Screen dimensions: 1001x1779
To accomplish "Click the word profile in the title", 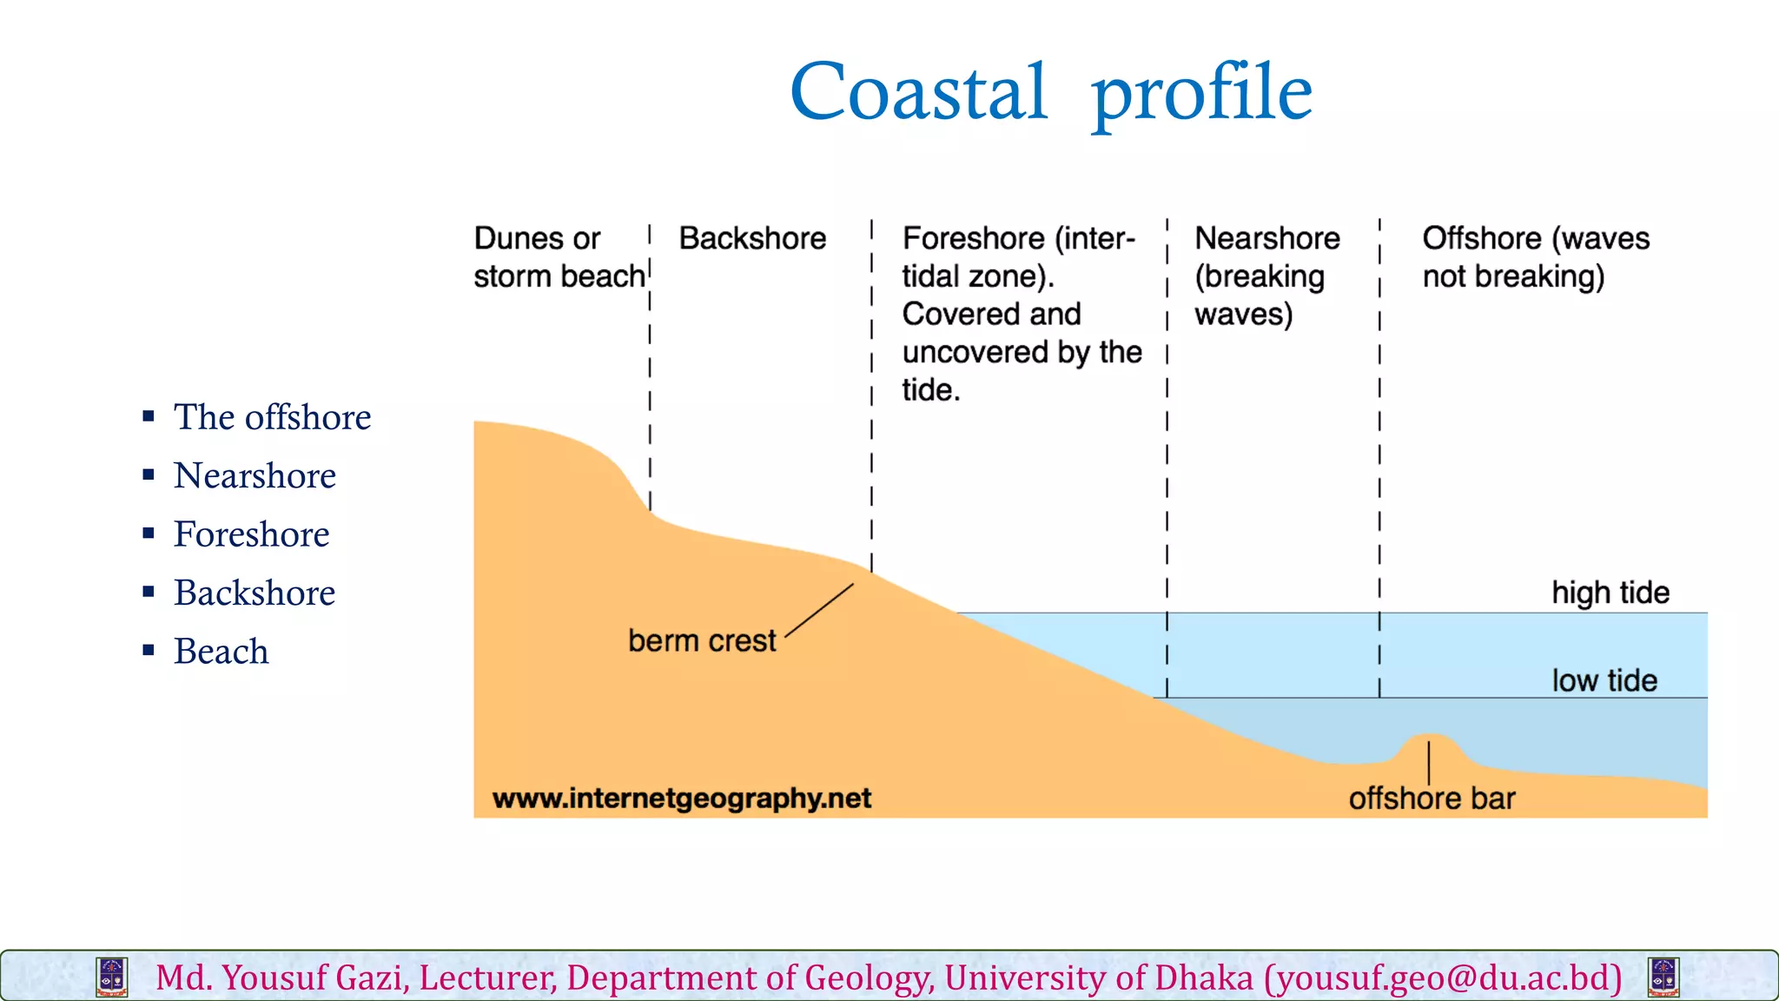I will tap(1201, 94).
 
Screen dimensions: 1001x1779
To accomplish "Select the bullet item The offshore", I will tap(272, 418).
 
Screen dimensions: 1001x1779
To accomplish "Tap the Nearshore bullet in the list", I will tap(255, 476).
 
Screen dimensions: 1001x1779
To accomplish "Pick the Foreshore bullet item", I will tap(251, 534).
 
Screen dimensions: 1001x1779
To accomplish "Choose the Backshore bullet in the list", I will tap(255, 593).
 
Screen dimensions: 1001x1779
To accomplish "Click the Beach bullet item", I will tap(221, 652).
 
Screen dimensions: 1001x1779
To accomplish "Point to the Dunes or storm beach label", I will tap(558, 257).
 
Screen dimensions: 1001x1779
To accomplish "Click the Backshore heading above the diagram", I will tap(752, 239).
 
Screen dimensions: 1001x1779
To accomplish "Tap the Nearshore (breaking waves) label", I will tap(1266, 276).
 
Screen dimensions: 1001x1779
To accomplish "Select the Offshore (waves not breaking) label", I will tap(1534, 257).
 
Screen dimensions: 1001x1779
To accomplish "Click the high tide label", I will tap(1610, 593).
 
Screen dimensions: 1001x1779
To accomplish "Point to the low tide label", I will tap(1604, 680).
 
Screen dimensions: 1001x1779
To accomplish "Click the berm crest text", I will tap(701, 641).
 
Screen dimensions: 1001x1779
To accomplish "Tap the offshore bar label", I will tap(1431, 799).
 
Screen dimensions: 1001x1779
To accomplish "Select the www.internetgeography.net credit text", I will tap(681, 799).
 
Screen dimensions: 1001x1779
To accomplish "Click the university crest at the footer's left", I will tap(112, 978).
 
